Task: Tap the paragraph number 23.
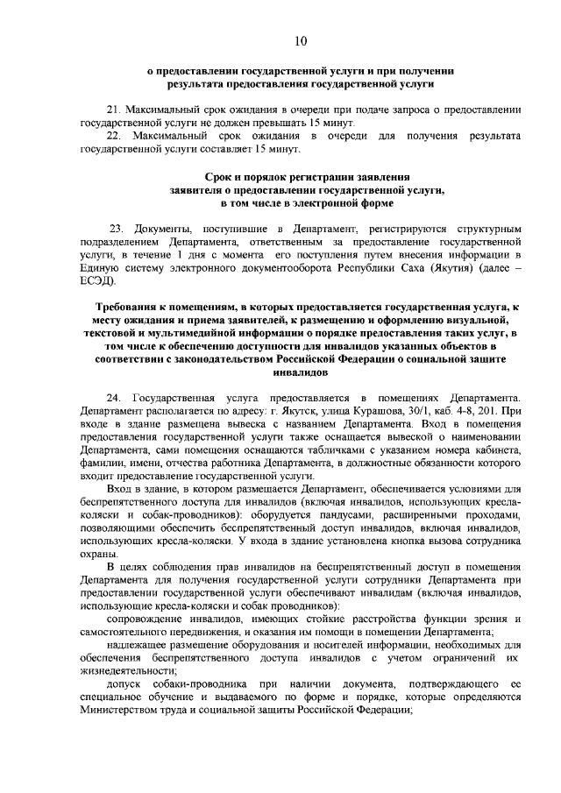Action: tap(116, 228)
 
